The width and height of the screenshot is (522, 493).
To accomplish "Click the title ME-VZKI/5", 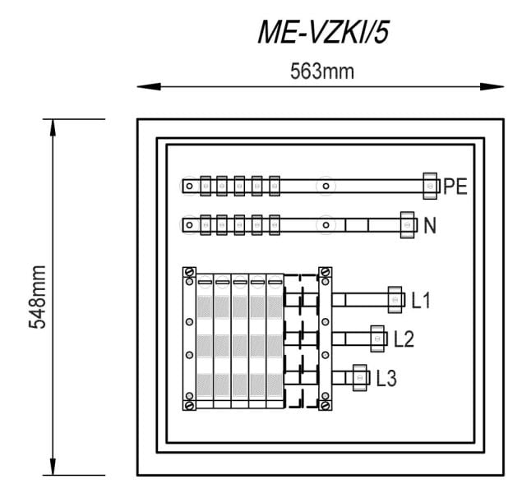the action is pyautogui.click(x=324, y=32).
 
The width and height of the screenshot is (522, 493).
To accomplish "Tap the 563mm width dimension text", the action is pyautogui.click(x=322, y=71).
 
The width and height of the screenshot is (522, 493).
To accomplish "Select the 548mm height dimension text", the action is pyautogui.click(x=37, y=297).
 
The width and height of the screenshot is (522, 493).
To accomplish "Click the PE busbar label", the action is pyautogui.click(x=455, y=187).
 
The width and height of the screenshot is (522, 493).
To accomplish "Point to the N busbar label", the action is pyautogui.click(x=430, y=225).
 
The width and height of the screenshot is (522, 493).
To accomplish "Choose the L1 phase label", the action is pyautogui.click(x=421, y=300).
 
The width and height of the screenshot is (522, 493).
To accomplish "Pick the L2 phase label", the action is pyautogui.click(x=404, y=339).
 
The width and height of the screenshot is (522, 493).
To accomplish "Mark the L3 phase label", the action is pyautogui.click(x=386, y=378).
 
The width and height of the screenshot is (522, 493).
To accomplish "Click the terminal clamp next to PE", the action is pyautogui.click(x=430, y=186).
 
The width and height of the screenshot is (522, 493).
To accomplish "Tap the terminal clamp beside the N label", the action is pyautogui.click(x=408, y=225).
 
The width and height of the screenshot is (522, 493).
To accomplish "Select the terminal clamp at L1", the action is pyautogui.click(x=395, y=300).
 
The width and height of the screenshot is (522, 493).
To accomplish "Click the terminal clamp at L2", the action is pyautogui.click(x=377, y=339).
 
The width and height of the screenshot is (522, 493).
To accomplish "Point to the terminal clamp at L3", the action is pyautogui.click(x=359, y=378).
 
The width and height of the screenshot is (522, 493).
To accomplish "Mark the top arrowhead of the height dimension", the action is pyautogui.click(x=53, y=127).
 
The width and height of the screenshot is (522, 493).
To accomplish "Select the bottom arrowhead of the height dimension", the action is pyautogui.click(x=53, y=467).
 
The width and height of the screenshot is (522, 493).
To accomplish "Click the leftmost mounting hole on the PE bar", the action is pyautogui.click(x=189, y=186).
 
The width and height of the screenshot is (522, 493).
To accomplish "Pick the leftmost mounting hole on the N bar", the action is pyautogui.click(x=189, y=225).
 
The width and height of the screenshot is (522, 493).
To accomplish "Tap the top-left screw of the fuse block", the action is pyautogui.click(x=190, y=272).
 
